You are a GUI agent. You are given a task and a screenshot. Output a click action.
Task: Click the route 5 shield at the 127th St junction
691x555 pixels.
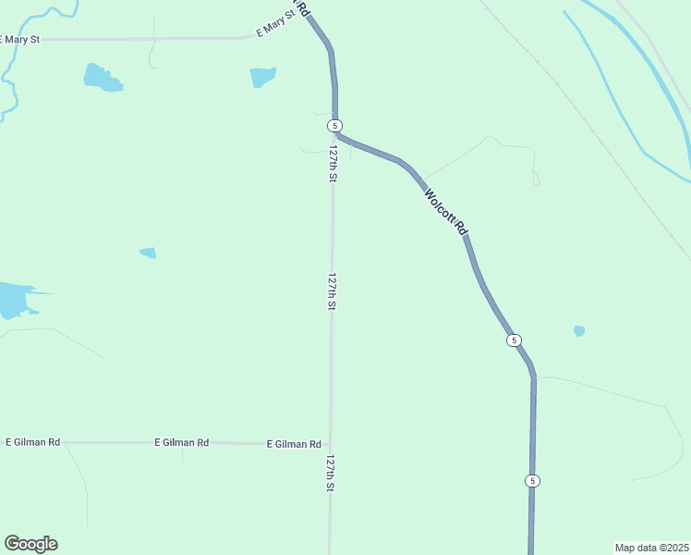click(x=334, y=125)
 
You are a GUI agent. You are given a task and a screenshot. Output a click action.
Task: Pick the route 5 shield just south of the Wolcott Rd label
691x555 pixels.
click(x=514, y=340)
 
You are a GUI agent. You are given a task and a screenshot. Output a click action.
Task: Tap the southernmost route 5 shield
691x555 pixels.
click(x=532, y=481)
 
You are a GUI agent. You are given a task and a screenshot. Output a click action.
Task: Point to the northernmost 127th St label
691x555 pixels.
click(x=333, y=162)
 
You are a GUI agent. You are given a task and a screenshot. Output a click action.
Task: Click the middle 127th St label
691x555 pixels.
click(x=332, y=290)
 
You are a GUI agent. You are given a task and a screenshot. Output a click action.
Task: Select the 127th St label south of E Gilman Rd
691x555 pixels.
click(x=330, y=472)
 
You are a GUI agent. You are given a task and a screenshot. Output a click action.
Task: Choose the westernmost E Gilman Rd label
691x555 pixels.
click(x=33, y=442)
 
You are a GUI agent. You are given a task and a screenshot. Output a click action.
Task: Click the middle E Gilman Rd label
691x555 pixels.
click(x=181, y=442)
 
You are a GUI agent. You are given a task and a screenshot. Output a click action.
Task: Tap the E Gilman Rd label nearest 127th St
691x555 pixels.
click(x=294, y=444)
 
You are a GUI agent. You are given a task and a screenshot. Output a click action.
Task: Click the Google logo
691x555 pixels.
click(x=30, y=544)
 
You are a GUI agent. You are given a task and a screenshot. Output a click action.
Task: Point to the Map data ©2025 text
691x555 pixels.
click(x=651, y=548)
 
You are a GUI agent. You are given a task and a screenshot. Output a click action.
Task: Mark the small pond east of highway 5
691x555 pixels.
click(x=579, y=330)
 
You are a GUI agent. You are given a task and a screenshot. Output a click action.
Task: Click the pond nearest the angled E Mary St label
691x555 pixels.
click(x=262, y=77)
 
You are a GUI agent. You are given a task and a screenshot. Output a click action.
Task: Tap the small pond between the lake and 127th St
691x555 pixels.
click(x=148, y=253)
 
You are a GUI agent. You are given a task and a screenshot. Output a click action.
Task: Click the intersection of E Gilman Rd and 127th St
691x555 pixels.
click(x=330, y=444)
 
